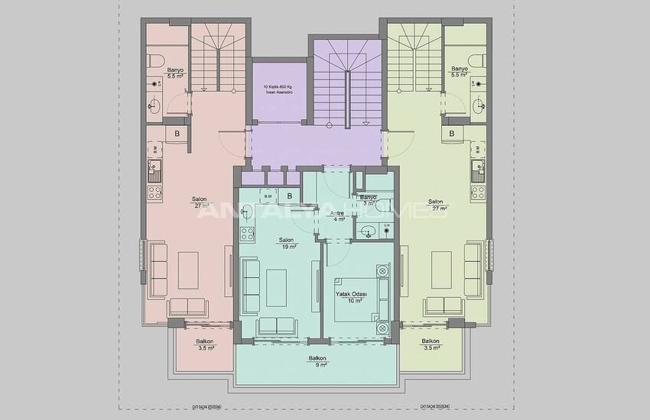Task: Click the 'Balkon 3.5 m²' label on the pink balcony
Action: (204, 345)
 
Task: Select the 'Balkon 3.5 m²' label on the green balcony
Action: (431, 345)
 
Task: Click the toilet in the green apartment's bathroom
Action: (480, 60)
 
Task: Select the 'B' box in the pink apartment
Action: (177, 134)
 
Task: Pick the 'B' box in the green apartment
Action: (452, 134)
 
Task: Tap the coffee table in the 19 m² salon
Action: (276, 287)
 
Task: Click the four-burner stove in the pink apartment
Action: (154, 192)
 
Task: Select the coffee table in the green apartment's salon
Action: (441, 270)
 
